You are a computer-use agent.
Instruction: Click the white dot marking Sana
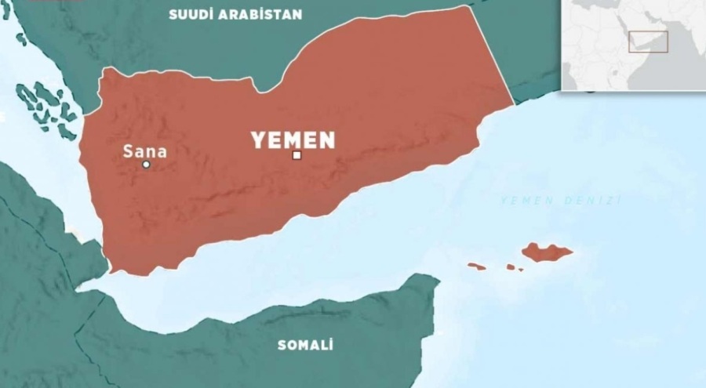(146, 165)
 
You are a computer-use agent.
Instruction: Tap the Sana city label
(145, 152)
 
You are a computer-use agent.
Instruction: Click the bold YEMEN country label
(293, 140)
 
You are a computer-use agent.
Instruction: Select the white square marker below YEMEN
(297, 155)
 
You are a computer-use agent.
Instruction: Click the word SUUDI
(191, 15)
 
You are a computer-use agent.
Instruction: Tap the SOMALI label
(305, 345)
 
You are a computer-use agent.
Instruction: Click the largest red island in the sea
(546, 252)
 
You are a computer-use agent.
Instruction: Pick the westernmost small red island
(476, 267)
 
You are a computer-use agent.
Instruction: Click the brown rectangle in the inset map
(648, 42)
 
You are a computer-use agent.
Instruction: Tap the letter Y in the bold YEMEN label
(257, 140)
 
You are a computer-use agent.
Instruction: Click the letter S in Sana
(128, 152)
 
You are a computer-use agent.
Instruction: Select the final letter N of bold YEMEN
(326, 140)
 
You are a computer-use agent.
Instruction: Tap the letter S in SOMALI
(282, 345)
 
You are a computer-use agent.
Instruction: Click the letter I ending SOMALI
(331, 345)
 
